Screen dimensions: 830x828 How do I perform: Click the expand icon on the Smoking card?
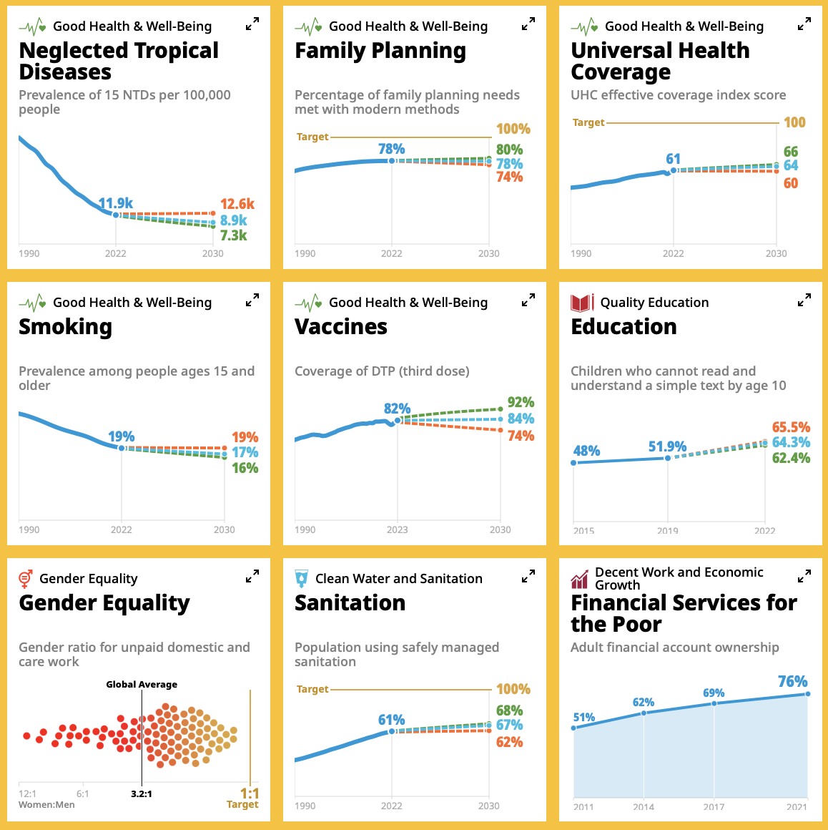click(252, 301)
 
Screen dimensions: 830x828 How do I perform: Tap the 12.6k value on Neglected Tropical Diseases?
click(237, 205)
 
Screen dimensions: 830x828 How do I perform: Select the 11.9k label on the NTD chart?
click(116, 203)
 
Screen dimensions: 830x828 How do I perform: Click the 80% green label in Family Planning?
click(509, 150)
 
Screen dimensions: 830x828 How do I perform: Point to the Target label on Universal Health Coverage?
click(588, 122)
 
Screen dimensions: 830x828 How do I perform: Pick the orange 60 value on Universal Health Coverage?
click(790, 183)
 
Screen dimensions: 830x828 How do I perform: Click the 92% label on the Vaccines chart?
click(521, 402)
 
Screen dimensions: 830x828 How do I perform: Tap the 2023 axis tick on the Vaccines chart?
click(397, 529)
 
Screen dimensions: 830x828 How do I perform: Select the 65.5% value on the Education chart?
click(791, 427)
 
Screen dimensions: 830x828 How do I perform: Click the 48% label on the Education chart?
click(586, 451)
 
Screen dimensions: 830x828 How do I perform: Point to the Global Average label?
click(142, 685)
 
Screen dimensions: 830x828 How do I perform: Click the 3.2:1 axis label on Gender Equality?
click(141, 794)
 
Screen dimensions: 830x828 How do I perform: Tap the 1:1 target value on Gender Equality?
click(250, 794)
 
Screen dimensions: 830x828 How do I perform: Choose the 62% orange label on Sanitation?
click(509, 742)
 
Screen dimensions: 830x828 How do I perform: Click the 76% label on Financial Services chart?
click(792, 681)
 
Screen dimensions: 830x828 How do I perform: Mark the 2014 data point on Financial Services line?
click(644, 713)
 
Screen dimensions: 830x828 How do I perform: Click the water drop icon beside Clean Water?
click(302, 579)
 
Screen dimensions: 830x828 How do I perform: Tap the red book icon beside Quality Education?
click(582, 303)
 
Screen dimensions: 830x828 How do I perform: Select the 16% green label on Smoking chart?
click(245, 468)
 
